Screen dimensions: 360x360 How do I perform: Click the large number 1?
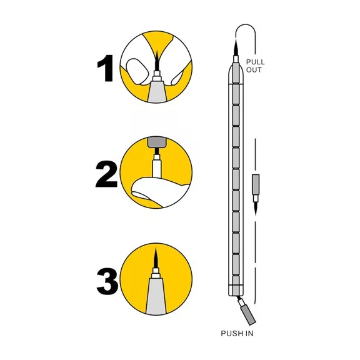coord(106,68)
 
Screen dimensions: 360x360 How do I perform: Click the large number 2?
coord(106,174)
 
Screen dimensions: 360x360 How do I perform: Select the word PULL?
coord(255,62)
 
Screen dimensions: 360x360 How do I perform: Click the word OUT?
coord(254,70)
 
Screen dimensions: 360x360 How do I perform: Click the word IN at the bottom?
coord(249,333)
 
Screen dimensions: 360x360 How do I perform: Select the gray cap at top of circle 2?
coord(156,142)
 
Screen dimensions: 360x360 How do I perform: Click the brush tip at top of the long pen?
coord(236,47)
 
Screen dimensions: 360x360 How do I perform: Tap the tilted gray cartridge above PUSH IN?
coord(249,315)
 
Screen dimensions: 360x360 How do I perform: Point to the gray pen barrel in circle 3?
coord(156,296)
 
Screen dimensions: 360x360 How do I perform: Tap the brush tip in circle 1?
coord(157,60)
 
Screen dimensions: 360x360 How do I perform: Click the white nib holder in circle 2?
coord(156,166)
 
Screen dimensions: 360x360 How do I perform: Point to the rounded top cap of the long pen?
coord(236,74)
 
